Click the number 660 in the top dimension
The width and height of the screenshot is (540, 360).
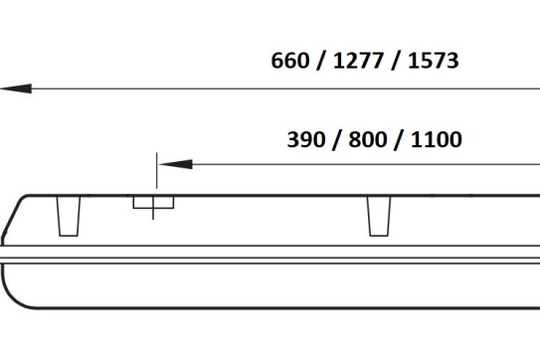[290, 61]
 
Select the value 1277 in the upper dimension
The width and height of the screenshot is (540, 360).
[358, 61]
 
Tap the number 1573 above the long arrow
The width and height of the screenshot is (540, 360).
[434, 61]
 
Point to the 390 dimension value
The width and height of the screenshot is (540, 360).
[306, 139]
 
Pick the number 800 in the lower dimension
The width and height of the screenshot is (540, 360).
[368, 139]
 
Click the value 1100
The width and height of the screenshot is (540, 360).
[437, 139]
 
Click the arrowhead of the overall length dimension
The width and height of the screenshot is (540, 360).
[16, 89]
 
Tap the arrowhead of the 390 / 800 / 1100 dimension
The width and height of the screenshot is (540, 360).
[176, 164]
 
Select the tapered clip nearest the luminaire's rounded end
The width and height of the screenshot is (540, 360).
[69, 217]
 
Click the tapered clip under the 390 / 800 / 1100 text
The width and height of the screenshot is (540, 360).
[379, 217]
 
